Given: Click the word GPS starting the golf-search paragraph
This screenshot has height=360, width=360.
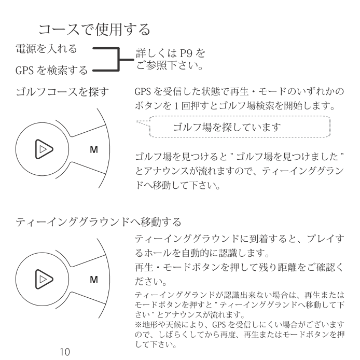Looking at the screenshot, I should coord(144,93).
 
